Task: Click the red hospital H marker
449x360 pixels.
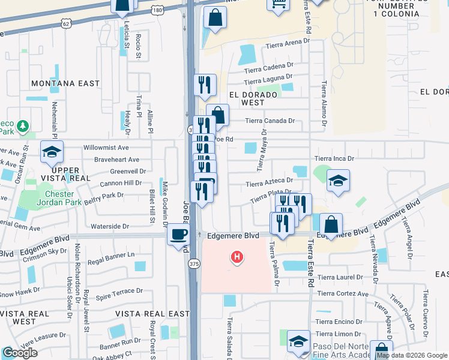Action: click(238, 257)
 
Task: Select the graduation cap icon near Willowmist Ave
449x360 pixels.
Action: click(52, 152)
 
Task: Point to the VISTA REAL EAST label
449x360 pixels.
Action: click(152, 314)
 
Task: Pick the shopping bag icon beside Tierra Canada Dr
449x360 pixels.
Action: click(218, 115)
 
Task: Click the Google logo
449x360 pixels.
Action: click(20, 353)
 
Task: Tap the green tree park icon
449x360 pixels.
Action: click(23, 126)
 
